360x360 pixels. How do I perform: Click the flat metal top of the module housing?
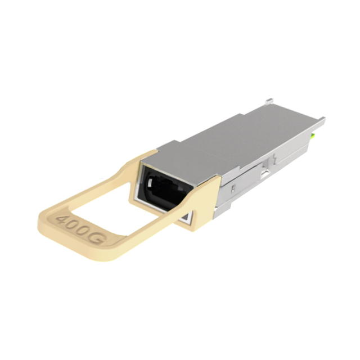pos(236,135)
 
